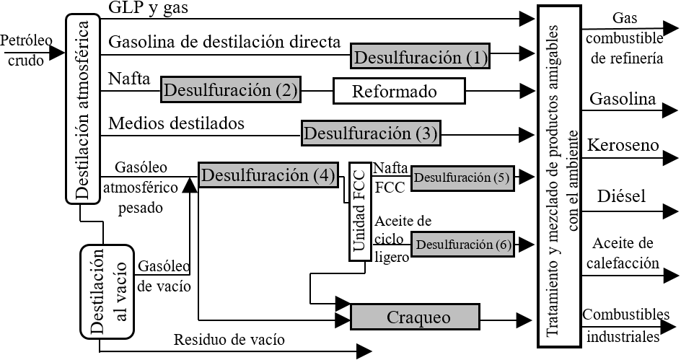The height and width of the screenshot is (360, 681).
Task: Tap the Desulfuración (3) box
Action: point(371,133)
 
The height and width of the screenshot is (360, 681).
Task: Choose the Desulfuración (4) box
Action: point(268,175)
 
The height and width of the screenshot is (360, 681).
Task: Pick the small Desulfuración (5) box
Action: point(462,177)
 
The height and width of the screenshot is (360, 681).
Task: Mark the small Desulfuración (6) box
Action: point(462,244)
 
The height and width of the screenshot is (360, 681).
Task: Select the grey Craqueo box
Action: point(415,317)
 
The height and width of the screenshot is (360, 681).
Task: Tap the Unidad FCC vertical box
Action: point(360,210)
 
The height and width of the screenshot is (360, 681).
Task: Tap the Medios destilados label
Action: point(176,123)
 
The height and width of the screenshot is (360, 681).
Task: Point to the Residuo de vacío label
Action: point(229,339)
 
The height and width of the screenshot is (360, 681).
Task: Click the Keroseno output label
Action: point(624,146)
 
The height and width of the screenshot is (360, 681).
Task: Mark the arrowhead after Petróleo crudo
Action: point(57,52)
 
